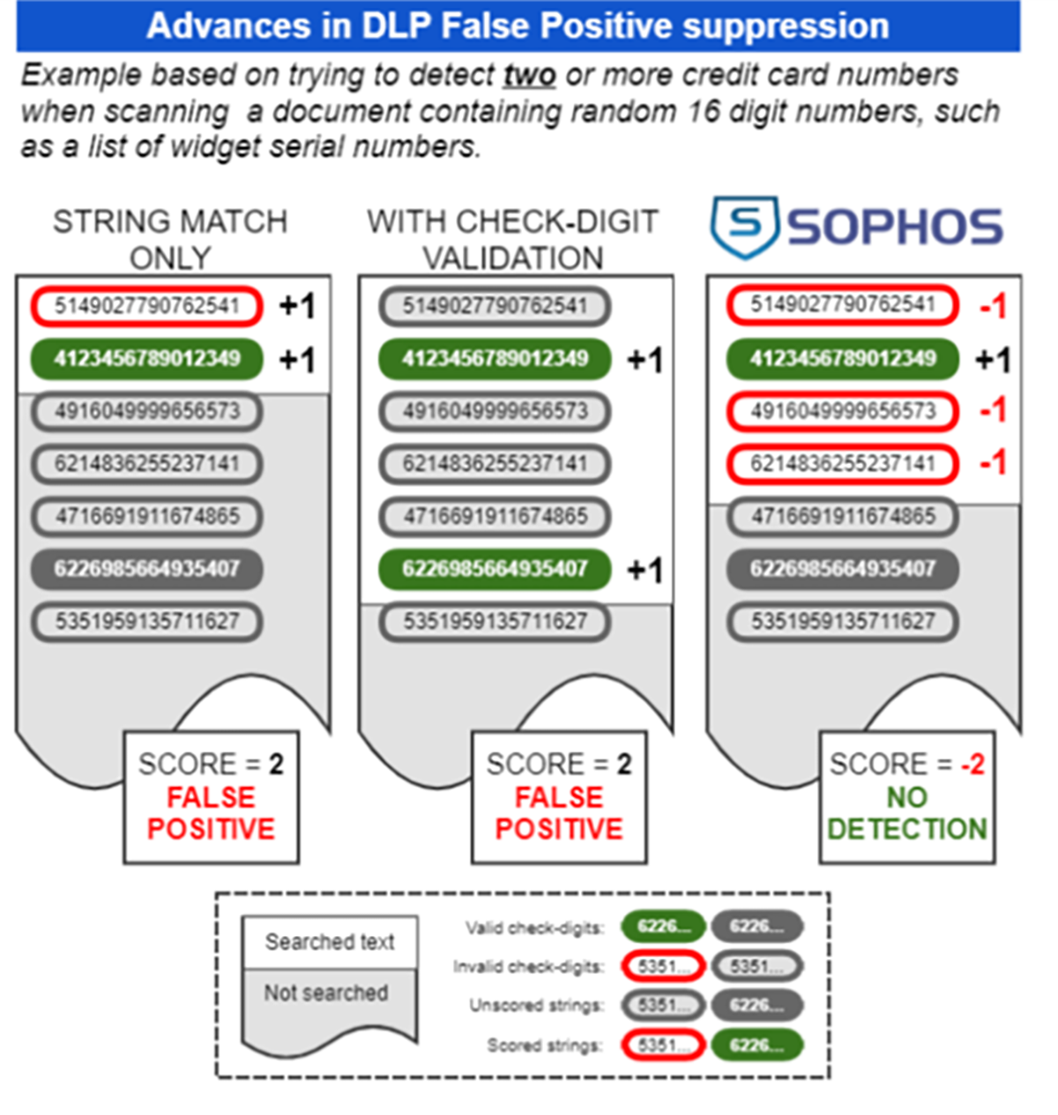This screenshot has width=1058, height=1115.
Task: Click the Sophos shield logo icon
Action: tap(745, 227)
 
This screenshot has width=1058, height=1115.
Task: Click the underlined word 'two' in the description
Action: tap(529, 76)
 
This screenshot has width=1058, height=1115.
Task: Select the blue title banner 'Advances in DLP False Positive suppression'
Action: tap(518, 26)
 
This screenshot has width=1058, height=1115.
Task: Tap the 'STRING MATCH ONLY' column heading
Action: tap(170, 239)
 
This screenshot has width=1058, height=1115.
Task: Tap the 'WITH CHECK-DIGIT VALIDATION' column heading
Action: tap(512, 239)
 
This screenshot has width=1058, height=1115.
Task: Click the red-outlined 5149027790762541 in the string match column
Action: tap(147, 306)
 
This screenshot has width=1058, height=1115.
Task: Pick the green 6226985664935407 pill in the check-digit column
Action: tap(495, 569)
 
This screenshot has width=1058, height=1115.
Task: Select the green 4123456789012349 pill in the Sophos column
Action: tap(843, 359)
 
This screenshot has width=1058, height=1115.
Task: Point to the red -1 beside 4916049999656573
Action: tap(993, 410)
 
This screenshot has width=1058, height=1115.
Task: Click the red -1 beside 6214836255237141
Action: tap(993, 463)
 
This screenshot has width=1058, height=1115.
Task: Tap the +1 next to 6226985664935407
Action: tap(644, 571)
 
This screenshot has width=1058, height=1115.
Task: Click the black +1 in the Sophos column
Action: tap(993, 360)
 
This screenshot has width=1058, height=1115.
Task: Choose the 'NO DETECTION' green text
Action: tap(907, 813)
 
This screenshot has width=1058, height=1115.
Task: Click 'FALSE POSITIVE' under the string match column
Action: tap(211, 813)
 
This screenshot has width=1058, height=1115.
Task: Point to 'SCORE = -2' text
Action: tap(907, 764)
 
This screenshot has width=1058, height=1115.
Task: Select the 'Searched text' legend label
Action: tap(330, 942)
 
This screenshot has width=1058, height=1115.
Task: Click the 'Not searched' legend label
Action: tap(326, 993)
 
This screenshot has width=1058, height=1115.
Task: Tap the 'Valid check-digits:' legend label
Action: tap(534, 928)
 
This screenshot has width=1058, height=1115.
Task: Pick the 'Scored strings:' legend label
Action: tap(545, 1046)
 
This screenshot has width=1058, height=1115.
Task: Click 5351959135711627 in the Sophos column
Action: tap(843, 622)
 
